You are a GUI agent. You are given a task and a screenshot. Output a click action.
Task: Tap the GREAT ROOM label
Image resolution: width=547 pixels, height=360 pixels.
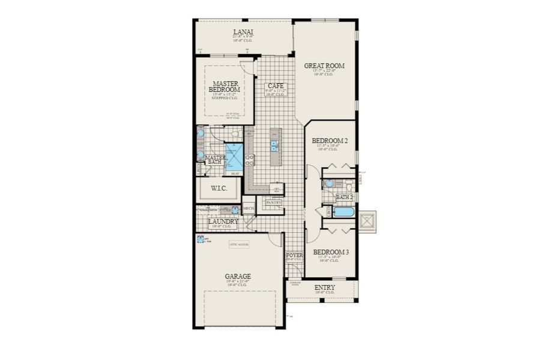point(324,66)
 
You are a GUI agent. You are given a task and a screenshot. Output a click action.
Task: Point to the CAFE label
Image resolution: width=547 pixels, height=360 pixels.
point(276,86)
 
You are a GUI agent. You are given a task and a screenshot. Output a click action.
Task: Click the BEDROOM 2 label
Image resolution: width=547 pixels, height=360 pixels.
point(330,142)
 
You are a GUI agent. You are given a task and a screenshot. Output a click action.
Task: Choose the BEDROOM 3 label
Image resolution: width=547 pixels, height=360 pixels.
point(330,252)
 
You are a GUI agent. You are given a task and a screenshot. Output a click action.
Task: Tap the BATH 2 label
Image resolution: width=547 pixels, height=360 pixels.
point(344,197)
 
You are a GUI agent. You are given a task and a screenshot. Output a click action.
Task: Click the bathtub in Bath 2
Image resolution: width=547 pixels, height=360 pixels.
point(343,212)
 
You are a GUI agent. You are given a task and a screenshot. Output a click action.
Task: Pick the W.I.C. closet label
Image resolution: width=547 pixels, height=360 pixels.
point(219,188)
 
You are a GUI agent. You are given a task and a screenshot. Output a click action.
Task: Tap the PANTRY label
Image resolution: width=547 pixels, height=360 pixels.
point(274,203)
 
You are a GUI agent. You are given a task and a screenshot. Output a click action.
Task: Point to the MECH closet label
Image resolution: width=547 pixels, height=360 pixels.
point(248,209)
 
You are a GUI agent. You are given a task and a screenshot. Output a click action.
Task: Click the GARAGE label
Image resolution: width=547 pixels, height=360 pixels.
point(238,277)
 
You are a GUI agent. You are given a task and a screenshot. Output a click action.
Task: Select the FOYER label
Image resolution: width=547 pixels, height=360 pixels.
point(294,256)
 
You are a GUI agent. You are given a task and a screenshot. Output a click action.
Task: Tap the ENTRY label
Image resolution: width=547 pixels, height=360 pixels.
point(324,288)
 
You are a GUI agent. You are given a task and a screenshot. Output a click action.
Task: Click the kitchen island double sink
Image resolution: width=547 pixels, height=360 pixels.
point(274,144)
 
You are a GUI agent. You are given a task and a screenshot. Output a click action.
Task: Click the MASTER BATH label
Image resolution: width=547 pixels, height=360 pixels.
point(214,160)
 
